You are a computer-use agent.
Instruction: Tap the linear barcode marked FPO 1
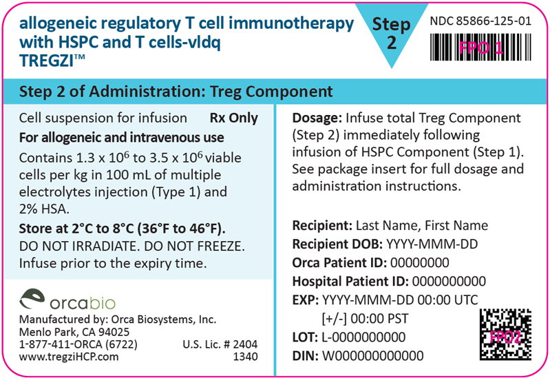point(480,48)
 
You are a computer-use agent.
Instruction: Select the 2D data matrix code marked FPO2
point(505,335)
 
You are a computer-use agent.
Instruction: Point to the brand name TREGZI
point(47,61)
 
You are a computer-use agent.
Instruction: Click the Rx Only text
point(233,118)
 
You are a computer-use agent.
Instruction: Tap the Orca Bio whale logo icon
point(32,299)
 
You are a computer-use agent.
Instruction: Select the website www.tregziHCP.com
point(69,357)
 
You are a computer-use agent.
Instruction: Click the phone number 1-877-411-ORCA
point(78,344)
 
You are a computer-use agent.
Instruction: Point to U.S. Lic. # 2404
point(220,344)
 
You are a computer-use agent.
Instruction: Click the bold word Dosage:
point(317,118)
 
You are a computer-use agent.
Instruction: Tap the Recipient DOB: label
point(337,244)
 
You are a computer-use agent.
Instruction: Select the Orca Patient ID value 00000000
point(419,262)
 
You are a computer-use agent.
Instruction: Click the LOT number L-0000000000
point(363,337)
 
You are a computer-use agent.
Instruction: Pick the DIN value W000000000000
point(373,356)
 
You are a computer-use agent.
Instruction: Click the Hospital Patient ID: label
point(350,281)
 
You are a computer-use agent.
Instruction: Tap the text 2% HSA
point(44,209)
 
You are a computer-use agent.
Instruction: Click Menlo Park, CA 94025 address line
point(74,332)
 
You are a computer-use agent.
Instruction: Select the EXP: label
point(306,300)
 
